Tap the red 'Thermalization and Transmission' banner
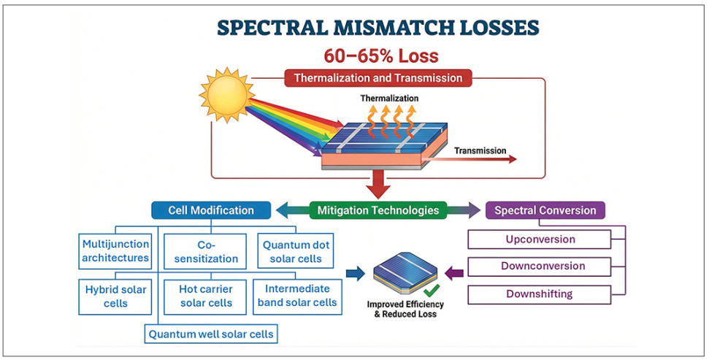(378, 77)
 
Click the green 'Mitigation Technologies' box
(378, 210)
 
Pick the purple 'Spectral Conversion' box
(545, 210)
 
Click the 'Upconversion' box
(540, 240)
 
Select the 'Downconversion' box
(540, 267)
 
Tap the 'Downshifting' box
(540, 294)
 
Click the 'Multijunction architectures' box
(116, 250)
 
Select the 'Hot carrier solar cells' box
(205, 295)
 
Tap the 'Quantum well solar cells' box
(211, 334)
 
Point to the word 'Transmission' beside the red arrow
(480, 151)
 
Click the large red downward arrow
(378, 184)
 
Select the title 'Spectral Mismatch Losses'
(378, 28)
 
